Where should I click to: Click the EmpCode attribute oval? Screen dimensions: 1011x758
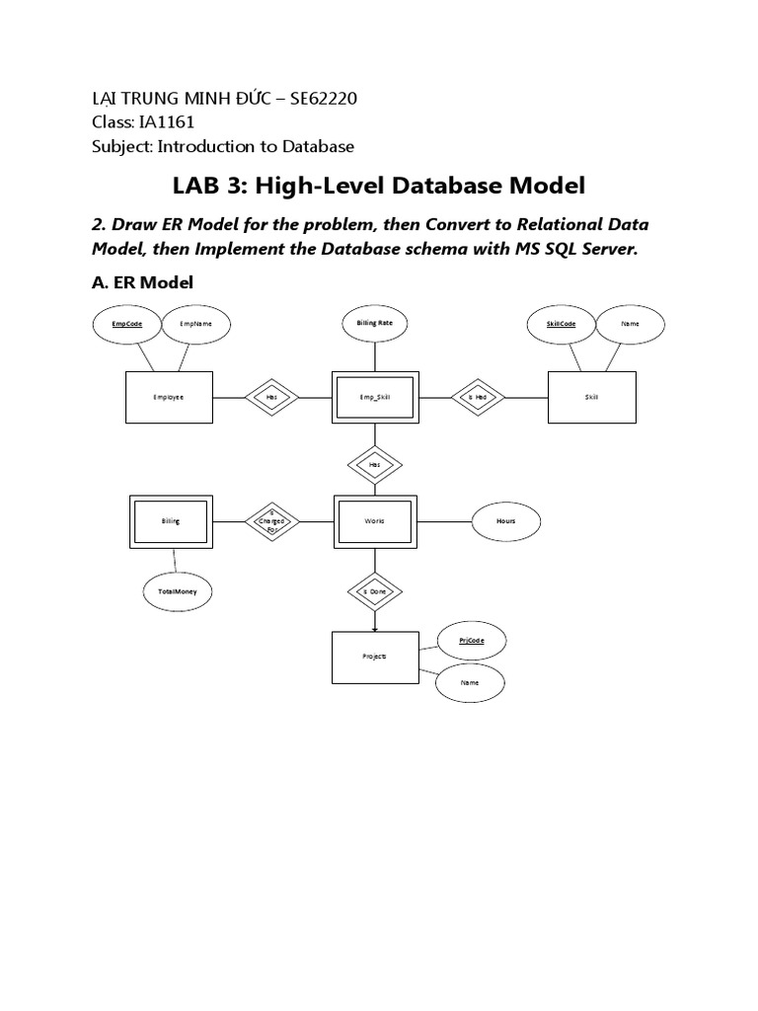click(126, 323)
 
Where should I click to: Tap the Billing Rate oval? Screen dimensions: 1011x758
click(374, 323)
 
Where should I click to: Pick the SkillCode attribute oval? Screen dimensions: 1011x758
click(562, 323)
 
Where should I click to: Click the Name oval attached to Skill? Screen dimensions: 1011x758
click(630, 323)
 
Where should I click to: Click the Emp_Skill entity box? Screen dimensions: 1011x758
click(374, 397)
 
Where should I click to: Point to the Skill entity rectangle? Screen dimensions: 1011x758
click(590, 397)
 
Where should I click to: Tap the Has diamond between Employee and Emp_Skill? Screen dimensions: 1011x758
click(271, 397)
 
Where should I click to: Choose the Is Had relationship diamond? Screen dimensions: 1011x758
click(478, 397)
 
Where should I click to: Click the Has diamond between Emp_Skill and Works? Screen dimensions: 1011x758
click(374, 462)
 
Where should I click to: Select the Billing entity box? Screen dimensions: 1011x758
click(171, 520)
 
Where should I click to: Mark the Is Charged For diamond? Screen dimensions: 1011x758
click(271, 520)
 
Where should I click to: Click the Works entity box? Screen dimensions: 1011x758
click(374, 520)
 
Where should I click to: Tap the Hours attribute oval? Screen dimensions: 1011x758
click(506, 520)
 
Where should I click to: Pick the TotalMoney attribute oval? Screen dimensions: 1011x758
click(178, 591)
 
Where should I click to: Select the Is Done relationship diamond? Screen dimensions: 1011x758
click(374, 591)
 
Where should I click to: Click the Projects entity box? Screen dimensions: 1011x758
click(374, 657)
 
